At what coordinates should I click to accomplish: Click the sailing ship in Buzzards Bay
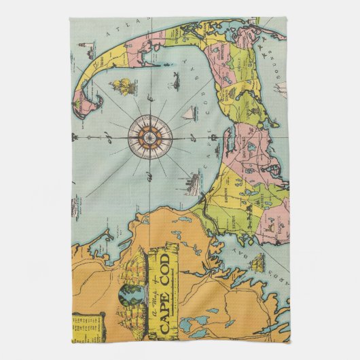258,261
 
